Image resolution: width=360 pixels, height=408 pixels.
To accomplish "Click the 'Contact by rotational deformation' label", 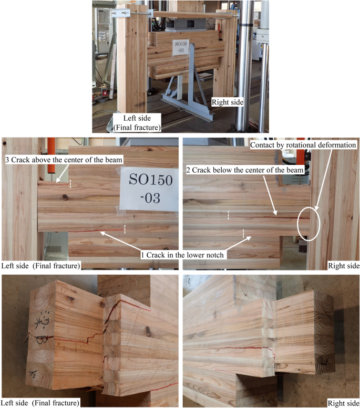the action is point(303,145).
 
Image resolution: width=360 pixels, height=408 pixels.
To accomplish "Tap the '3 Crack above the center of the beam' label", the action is point(64,160).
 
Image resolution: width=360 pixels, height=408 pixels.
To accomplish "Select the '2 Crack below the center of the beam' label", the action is point(245,170).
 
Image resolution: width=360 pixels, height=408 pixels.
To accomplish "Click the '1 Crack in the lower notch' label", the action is point(182,255).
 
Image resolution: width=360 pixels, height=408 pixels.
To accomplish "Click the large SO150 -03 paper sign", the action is point(150,189).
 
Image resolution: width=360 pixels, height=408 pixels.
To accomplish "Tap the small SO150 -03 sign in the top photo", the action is point(181,47).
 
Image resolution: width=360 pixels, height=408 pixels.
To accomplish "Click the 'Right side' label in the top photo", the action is point(228,102).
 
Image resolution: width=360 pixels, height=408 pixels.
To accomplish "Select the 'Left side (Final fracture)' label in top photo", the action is point(137,122).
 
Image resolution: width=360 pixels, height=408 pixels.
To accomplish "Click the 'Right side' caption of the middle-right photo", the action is point(344,266).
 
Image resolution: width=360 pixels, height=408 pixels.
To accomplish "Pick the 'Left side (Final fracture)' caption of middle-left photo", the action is point(40,266).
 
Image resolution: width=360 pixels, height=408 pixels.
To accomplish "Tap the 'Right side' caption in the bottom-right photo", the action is point(344,403).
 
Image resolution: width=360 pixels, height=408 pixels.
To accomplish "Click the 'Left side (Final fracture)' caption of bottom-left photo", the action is point(40,403).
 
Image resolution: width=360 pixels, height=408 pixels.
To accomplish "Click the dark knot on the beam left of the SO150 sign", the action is point(65,197).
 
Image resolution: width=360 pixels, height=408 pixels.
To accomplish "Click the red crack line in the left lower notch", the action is point(96,231).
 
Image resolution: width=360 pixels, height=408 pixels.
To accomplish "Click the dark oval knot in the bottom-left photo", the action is point(148,331).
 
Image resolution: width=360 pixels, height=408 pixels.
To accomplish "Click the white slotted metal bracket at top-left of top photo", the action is point(120,13).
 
